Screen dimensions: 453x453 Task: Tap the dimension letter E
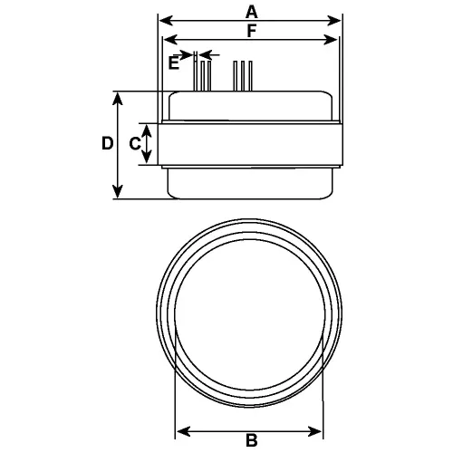[x=175, y=63]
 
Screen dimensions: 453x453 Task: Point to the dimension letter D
[x=106, y=143]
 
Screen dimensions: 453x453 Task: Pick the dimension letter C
[x=134, y=143]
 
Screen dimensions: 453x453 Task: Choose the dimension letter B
[x=251, y=441]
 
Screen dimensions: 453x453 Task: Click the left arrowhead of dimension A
[x=163, y=19]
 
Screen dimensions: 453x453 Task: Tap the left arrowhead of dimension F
[x=166, y=39]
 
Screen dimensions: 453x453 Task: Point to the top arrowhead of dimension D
[x=118, y=96]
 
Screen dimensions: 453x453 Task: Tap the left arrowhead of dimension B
[x=178, y=430]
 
